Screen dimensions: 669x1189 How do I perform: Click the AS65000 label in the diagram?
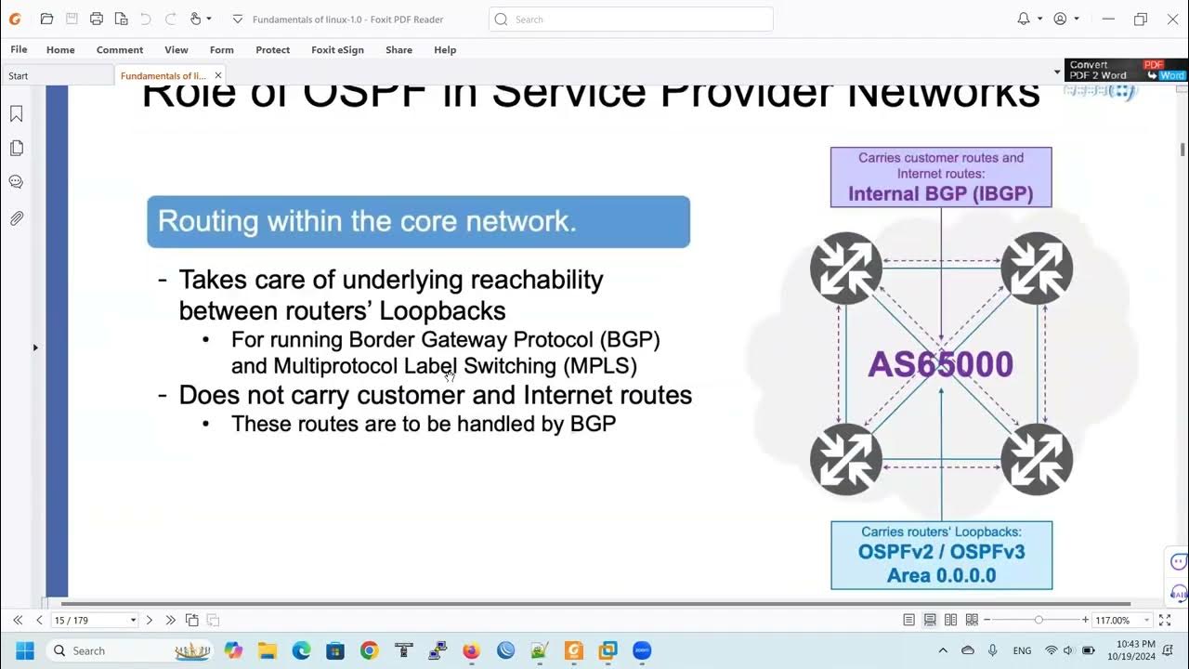[940, 364]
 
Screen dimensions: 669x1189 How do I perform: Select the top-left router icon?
[845, 269]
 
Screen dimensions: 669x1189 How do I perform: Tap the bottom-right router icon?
[1037, 459]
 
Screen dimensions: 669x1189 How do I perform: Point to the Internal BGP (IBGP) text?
[940, 194]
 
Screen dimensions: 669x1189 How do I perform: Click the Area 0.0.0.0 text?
[941, 575]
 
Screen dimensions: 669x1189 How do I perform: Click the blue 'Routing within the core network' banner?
[418, 222]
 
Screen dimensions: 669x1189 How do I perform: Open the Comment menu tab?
[120, 50]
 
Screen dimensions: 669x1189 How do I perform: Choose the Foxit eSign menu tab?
[337, 50]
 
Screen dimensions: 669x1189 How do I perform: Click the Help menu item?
[445, 50]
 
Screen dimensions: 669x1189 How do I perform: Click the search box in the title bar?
[632, 19]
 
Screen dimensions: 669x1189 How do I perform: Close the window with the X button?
[1172, 19]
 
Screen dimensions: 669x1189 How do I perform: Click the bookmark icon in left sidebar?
[16, 113]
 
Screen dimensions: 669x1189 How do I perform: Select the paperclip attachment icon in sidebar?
[16, 218]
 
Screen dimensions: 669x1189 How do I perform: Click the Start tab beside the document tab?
[19, 76]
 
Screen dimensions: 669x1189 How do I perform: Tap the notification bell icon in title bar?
[1024, 19]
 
